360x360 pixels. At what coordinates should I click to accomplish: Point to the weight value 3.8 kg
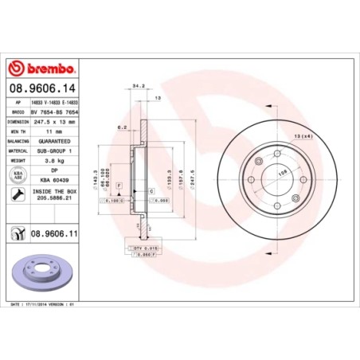coord(55,159)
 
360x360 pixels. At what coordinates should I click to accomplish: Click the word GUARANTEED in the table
coord(55,140)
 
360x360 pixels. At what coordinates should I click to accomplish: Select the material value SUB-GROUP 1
coord(55,150)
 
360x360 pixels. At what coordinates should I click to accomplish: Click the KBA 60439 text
coord(55,178)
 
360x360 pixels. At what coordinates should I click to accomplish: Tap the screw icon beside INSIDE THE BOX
coord(17,194)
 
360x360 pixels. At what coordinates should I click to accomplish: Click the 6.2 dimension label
coord(119,127)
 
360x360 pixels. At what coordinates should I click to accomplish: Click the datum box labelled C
coord(151,191)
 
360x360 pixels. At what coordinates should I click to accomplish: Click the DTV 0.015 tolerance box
coord(136,248)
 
